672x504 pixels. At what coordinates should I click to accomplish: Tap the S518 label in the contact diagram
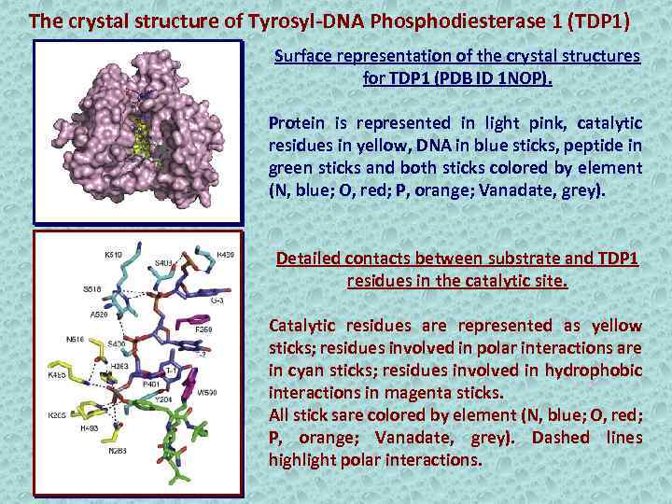(91, 290)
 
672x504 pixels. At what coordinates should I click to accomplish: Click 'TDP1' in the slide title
(604, 20)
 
